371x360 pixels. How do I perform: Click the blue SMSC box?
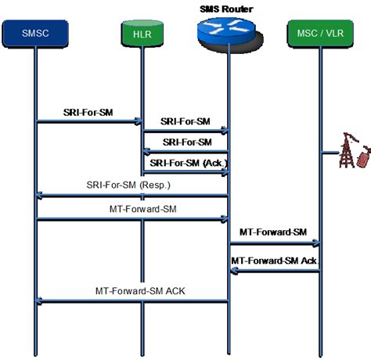point(36,33)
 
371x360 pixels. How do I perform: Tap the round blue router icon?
point(227,31)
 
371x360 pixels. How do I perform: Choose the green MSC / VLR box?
point(319,33)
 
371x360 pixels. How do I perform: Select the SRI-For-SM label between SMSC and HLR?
point(88,113)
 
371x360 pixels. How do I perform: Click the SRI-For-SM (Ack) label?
point(185,162)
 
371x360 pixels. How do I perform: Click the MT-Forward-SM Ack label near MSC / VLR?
point(274,260)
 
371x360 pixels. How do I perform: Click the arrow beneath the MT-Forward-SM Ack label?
point(274,271)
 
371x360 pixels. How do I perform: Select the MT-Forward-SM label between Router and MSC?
point(274,232)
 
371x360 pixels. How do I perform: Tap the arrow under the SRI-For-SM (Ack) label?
point(185,173)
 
